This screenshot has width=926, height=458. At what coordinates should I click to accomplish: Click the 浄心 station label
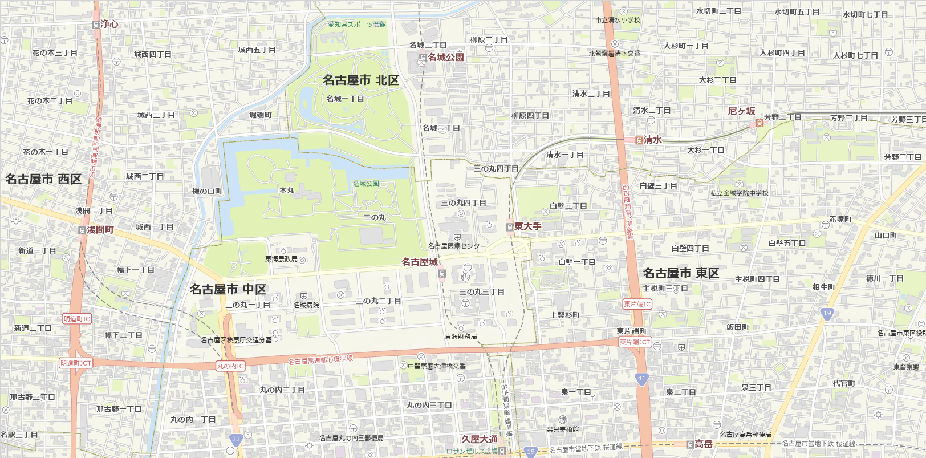tap(109, 24)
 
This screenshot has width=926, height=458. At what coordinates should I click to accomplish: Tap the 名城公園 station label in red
tap(445, 57)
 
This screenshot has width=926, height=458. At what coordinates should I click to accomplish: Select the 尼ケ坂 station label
tap(741, 111)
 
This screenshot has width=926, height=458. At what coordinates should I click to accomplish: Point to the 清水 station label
tap(652, 140)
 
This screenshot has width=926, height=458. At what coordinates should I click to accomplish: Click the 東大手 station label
tap(527, 226)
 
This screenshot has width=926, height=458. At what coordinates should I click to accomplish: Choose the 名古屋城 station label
tap(420, 262)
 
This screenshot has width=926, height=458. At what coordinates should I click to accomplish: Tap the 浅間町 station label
tap(100, 230)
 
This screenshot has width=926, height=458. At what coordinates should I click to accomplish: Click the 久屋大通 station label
tap(479, 439)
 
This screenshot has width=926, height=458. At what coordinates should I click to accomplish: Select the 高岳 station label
tap(704, 444)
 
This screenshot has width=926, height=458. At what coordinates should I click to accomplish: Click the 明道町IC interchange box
tap(77, 319)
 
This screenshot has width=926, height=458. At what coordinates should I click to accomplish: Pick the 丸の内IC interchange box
tap(230, 366)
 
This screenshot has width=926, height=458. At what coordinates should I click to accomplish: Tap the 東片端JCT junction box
tap(635, 342)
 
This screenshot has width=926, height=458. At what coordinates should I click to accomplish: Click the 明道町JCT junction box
tap(76, 363)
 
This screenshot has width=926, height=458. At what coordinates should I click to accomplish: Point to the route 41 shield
tap(642, 378)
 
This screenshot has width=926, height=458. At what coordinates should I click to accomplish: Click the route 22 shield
tap(236, 439)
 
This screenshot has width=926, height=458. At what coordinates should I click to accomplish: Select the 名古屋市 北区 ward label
tap(360, 80)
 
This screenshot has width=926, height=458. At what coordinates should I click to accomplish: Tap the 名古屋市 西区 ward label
tap(43, 179)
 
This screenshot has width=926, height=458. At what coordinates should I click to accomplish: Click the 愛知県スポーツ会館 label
tap(357, 25)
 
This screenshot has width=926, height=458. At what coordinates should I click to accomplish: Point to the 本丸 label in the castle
tap(287, 191)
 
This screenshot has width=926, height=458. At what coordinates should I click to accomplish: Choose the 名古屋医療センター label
tap(457, 246)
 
